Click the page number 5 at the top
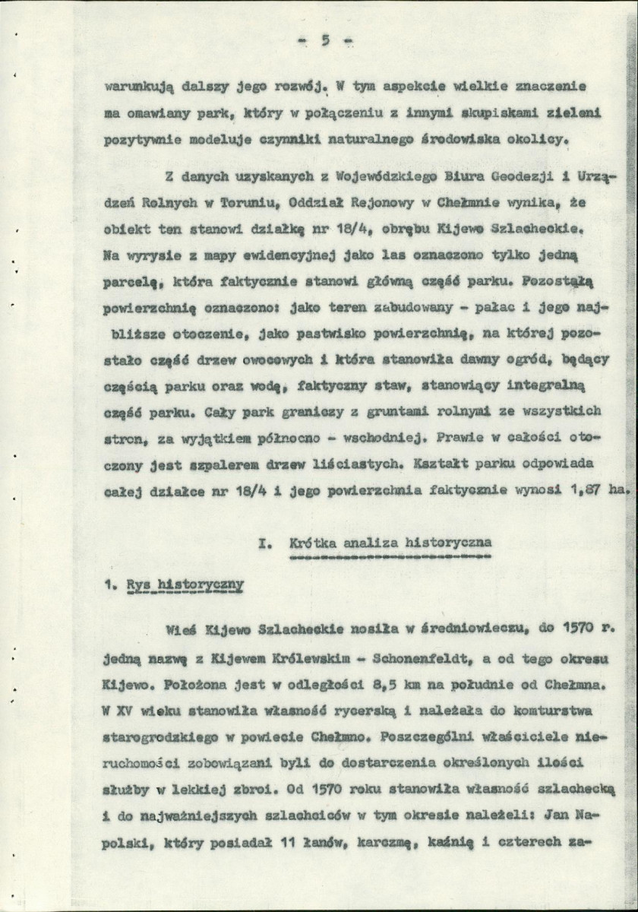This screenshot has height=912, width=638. pos(323,41)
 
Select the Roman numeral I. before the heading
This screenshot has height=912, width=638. pos(264,543)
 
